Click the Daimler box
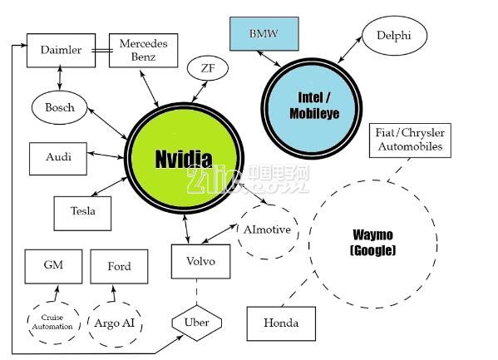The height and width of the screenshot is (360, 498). (x=61, y=50)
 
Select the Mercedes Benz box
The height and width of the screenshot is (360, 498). (x=143, y=50)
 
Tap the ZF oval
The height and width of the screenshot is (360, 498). (x=208, y=68)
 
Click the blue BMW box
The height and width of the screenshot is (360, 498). (x=264, y=34)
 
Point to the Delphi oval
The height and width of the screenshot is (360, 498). (x=394, y=35)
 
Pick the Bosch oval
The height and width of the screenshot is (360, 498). (x=59, y=107)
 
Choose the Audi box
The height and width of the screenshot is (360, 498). (x=58, y=159)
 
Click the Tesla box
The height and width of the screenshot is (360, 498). (x=82, y=213)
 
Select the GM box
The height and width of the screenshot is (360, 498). (x=53, y=266)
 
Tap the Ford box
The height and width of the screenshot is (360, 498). (x=119, y=266)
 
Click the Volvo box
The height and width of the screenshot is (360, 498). (x=200, y=262)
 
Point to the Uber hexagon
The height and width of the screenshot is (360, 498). (x=196, y=323)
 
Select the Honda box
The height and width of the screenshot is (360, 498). (x=281, y=323)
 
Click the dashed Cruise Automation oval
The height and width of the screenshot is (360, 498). (x=53, y=323)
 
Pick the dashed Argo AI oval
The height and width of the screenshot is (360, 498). (x=115, y=324)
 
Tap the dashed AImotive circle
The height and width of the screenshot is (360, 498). (x=268, y=231)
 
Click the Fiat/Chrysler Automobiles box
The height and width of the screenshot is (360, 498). (x=410, y=141)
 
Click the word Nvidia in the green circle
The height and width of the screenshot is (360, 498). (x=184, y=159)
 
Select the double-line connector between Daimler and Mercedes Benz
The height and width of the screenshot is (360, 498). (x=102, y=50)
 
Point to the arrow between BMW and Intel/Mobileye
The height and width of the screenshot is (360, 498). (x=269, y=59)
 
